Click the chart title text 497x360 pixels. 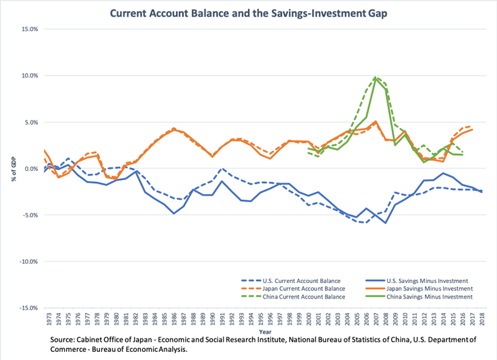(248, 13)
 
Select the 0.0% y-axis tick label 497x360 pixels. (30, 169)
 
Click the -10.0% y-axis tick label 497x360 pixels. (27, 262)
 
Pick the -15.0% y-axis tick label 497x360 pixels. (27, 308)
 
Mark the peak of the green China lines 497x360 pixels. (376, 77)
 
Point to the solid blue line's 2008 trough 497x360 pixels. (386, 223)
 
